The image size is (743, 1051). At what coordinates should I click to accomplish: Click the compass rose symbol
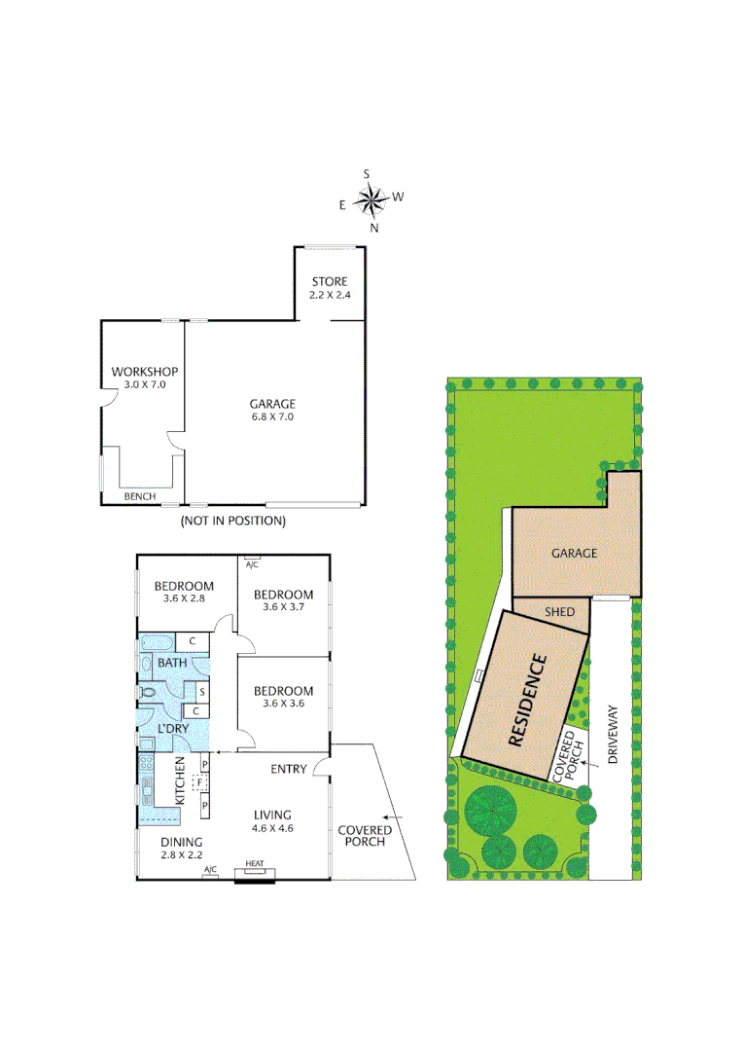coord(371,200)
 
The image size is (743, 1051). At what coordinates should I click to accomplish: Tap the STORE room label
coord(330,282)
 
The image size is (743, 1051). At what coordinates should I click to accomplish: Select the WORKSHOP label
coord(144,372)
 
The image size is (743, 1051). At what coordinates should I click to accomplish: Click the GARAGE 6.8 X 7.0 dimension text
coord(271,417)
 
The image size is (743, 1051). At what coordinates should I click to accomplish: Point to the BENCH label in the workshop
coord(140,496)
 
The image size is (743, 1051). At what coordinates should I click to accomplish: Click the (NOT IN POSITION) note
coord(233,521)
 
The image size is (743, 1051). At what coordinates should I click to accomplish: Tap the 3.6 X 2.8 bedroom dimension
coord(185,598)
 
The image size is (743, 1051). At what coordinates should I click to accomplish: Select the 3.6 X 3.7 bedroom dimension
coord(283,607)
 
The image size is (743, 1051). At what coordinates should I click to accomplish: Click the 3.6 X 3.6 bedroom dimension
coord(283,704)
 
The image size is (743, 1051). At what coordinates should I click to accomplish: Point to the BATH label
coord(172,663)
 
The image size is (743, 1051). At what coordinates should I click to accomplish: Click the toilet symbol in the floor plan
coord(149,692)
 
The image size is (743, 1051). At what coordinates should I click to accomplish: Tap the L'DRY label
coord(173,728)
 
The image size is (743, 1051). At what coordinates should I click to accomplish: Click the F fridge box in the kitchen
coord(199,781)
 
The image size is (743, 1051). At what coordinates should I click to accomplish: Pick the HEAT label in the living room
coord(255,863)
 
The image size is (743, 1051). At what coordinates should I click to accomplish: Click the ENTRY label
coord(289,769)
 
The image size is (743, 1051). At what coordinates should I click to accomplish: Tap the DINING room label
coord(182,842)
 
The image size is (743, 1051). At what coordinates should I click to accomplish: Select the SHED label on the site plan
coord(559,611)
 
